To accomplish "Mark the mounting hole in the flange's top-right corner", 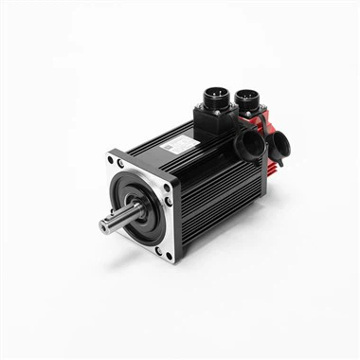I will click(167, 187).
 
